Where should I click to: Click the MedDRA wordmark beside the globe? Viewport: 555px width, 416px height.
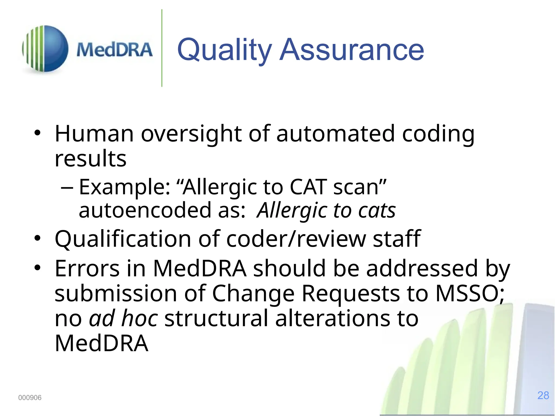click(114, 50)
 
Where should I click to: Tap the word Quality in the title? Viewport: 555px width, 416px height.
click(224, 50)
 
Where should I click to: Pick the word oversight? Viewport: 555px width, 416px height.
click(191, 134)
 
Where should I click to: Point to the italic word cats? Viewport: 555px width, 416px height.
click(377, 211)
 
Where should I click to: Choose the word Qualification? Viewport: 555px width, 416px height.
click(123, 239)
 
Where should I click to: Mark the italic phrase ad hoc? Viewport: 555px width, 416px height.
click(124, 318)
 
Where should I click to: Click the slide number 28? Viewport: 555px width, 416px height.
click(543, 395)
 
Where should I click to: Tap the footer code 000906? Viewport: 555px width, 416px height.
click(30, 398)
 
